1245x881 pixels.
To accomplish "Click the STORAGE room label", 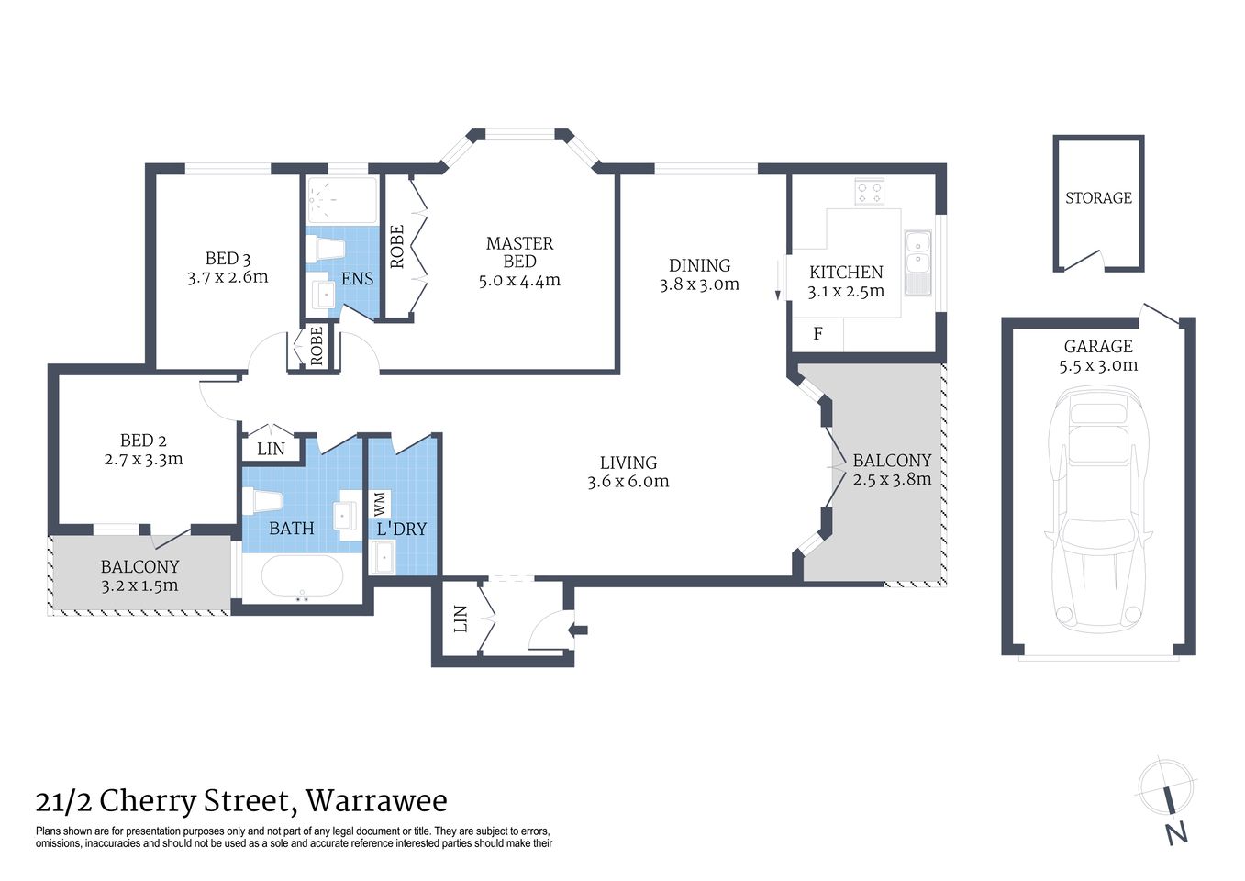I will point(1098,198).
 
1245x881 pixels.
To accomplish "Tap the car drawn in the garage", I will point(1098,509).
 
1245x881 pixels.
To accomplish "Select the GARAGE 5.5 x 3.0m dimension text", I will point(1098,365).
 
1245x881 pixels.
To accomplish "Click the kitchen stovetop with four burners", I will point(869,193).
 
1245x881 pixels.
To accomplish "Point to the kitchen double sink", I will point(917,262).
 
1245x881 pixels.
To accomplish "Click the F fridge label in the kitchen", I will point(817,334).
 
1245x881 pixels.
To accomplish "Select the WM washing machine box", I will point(380,504).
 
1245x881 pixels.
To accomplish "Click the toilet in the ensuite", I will point(325,248).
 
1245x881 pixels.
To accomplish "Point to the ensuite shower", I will point(341,200).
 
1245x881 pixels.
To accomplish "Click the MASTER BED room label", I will point(519,252).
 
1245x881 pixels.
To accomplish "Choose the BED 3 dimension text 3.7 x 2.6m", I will point(228,277).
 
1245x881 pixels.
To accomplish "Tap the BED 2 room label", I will point(143,440).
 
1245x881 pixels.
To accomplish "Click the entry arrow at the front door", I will point(578,630).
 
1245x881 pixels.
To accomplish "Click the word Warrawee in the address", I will point(376,801).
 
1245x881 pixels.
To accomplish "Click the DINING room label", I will point(699,265).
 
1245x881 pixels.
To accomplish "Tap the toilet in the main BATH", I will point(262,500).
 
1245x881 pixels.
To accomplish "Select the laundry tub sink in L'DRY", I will point(382,557).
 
